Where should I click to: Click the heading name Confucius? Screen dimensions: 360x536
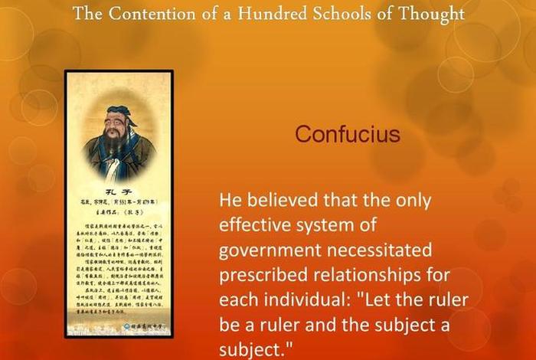[348, 134]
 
